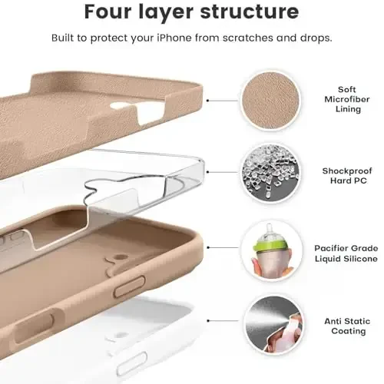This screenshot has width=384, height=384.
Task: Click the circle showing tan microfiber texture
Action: click(272, 100)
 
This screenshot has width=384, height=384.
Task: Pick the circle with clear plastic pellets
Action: click(272, 174)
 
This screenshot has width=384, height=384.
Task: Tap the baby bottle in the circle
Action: click(271, 252)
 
